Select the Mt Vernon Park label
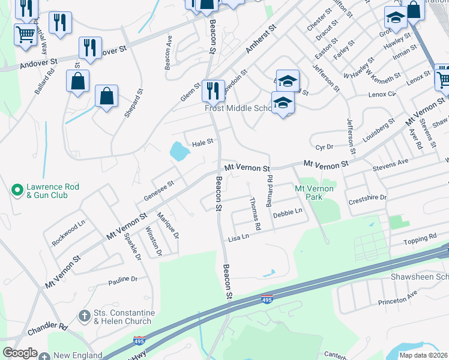click(314, 192)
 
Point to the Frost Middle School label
click(239, 108)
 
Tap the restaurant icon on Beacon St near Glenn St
click(213, 90)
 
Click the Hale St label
click(202, 142)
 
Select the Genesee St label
click(158, 191)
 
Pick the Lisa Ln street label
click(238, 238)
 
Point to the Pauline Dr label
click(123, 279)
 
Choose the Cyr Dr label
click(324, 147)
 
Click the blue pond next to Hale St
click(179, 151)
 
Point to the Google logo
click(20, 353)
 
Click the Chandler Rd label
click(47, 328)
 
